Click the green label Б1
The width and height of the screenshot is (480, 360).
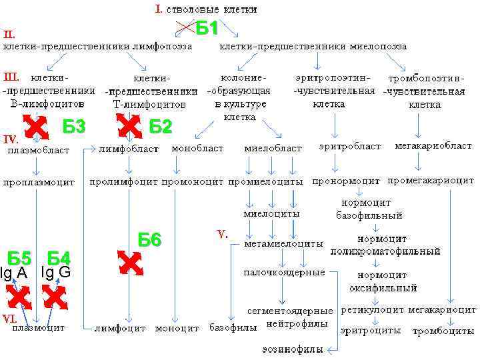click(x=207, y=29)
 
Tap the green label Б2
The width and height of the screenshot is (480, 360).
click(x=161, y=127)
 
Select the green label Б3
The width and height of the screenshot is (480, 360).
click(x=74, y=127)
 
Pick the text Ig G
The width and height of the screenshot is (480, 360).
click(x=55, y=273)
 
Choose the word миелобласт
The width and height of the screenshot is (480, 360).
click(x=273, y=149)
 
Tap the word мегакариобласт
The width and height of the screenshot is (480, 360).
click(x=433, y=146)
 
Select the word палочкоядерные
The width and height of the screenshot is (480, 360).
click(x=284, y=273)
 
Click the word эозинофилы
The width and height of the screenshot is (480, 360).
click(x=292, y=349)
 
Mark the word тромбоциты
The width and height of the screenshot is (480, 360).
click(x=439, y=331)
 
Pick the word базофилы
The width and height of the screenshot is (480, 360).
click(x=233, y=328)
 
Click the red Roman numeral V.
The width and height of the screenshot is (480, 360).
click(x=222, y=235)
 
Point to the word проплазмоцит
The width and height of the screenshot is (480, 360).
click(x=38, y=181)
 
